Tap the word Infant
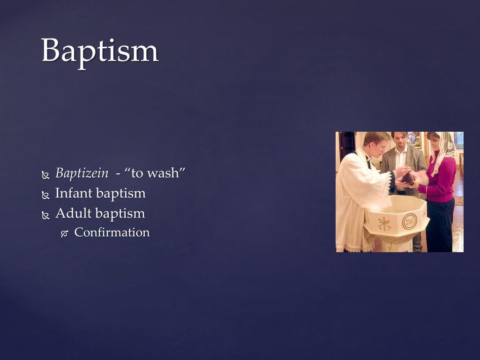coord(71,193)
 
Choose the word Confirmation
coord(112,232)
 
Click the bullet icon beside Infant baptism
coord(45,195)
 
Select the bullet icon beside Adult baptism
coord(45,215)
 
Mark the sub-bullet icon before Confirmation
coord(65,233)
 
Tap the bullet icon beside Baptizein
coord(45,175)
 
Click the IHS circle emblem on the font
coord(409,221)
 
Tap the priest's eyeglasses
coord(382,146)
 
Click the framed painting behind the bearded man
coord(413,139)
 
